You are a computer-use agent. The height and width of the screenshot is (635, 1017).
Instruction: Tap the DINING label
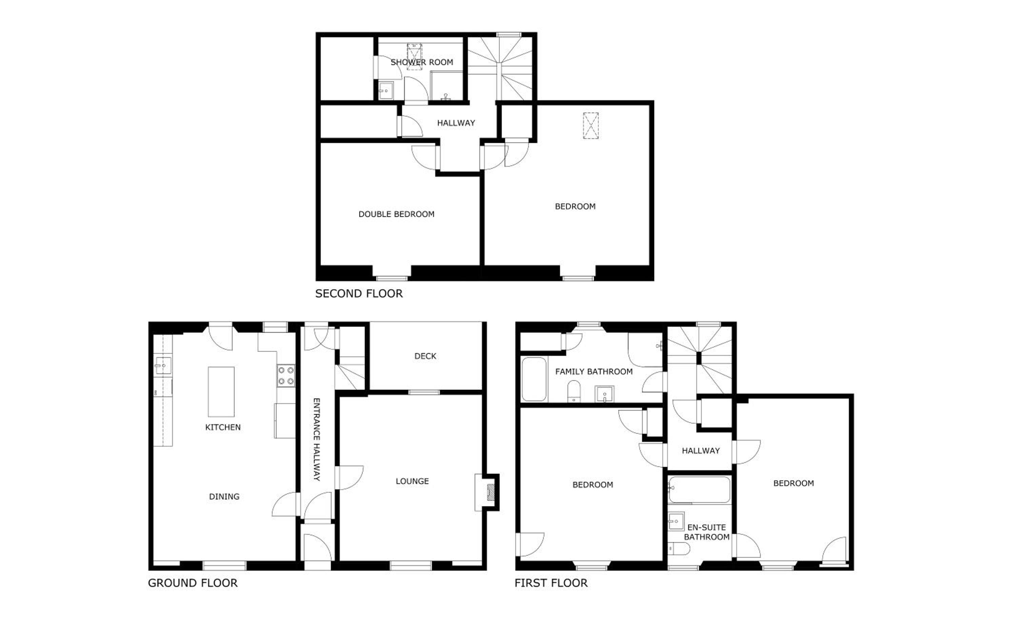pos(224,497)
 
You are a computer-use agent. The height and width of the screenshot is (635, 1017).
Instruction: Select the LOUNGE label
pos(412,481)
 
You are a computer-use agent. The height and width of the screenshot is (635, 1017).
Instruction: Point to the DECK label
pos(425,356)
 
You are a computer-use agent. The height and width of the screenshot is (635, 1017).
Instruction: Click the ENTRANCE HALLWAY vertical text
pos(317,439)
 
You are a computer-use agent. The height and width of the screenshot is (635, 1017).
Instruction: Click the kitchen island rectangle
pos(221,391)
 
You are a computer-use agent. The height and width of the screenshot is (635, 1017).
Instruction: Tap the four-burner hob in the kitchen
pos(286,376)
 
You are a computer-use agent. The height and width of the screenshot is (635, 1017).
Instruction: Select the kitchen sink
pos(163,365)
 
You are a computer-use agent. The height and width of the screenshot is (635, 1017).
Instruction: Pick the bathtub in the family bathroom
pos(534,379)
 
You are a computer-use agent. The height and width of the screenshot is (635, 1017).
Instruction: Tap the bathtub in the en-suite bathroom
pos(699,490)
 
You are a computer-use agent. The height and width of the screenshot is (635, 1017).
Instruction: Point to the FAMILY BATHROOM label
pos(594,372)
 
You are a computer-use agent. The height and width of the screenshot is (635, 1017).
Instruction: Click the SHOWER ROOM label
pos(422,62)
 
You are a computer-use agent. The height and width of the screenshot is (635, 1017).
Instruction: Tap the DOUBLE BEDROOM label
pos(396,214)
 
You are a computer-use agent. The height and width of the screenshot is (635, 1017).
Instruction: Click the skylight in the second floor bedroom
pos(591,126)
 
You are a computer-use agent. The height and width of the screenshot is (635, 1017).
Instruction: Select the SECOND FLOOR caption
pos(359,293)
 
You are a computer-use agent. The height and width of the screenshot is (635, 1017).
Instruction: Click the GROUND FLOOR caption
pos(193,583)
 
